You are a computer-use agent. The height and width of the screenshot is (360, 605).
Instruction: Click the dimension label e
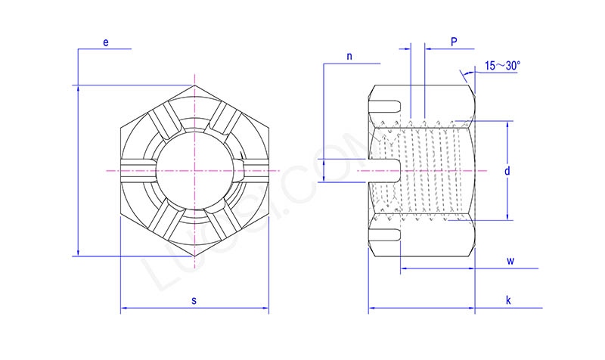106,43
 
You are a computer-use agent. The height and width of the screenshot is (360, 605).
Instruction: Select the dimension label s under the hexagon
194,301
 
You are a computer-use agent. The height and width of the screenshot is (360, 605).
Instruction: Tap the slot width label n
349,57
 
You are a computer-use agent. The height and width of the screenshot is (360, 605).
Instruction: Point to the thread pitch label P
454,42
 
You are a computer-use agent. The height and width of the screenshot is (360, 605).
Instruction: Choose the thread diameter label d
507,171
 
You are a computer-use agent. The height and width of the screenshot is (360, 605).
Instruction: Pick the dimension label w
510,262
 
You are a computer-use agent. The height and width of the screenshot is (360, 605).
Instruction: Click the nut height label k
508,301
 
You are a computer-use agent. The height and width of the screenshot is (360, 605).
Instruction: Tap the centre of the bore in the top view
194,170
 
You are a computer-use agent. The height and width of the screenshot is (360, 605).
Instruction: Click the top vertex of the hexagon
194,85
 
